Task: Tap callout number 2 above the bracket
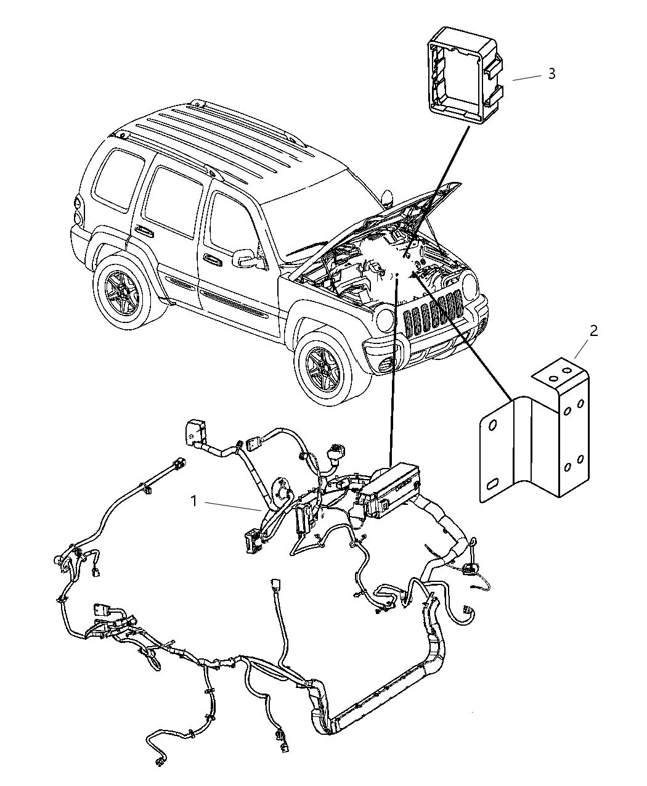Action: coord(593,330)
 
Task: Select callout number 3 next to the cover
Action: coord(551,74)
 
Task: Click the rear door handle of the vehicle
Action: coord(145,231)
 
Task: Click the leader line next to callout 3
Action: coord(525,78)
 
